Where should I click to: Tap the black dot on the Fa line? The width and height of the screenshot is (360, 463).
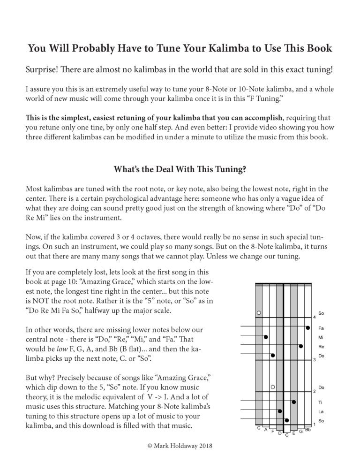[308, 327]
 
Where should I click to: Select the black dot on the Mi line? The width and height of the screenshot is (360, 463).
[266, 337]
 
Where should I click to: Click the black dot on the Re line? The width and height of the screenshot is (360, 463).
[300, 346]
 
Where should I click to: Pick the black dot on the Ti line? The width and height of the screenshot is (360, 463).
[294, 402]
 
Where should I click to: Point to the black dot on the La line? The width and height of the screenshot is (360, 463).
[280, 411]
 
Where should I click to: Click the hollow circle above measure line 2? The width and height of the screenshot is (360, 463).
[272, 387]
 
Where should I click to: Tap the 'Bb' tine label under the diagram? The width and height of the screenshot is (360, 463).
[307, 429]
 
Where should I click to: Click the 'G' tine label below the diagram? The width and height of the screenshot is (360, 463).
[300, 431]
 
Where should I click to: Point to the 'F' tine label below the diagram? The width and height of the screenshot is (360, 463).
[273, 432]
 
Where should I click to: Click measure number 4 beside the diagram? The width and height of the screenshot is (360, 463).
[314, 318]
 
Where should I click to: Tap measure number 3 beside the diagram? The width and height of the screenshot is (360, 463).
[314, 360]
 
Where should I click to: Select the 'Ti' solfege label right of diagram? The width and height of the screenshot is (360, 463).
[321, 402]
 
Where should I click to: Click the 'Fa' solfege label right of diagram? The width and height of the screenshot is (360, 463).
[321, 328]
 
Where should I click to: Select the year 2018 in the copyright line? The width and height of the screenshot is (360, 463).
[203, 447]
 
